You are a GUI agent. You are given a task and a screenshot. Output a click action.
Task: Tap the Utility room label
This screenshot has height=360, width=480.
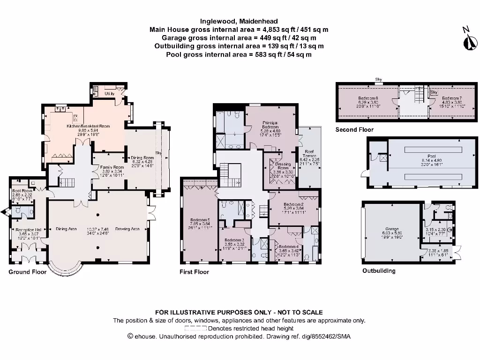[x=110, y=94]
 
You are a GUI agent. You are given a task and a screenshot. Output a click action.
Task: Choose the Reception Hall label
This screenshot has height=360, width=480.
[x=26, y=230]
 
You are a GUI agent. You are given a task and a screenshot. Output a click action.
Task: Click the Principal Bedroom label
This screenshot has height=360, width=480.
[x=270, y=125]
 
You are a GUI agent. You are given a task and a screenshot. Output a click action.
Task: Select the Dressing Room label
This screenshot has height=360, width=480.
[x=283, y=164]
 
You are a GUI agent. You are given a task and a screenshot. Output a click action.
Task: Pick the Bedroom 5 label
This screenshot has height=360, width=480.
[x=200, y=220]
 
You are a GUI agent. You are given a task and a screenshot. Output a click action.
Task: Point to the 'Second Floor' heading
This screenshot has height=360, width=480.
[x=354, y=130]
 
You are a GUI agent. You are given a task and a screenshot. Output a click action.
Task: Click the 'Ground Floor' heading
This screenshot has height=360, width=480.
[x=28, y=272]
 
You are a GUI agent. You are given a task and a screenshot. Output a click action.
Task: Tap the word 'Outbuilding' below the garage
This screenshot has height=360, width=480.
[x=379, y=271]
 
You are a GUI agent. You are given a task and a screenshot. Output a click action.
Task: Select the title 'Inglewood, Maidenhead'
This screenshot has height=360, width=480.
[x=239, y=21]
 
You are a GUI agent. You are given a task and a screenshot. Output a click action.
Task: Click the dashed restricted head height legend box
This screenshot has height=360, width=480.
[x=195, y=329]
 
